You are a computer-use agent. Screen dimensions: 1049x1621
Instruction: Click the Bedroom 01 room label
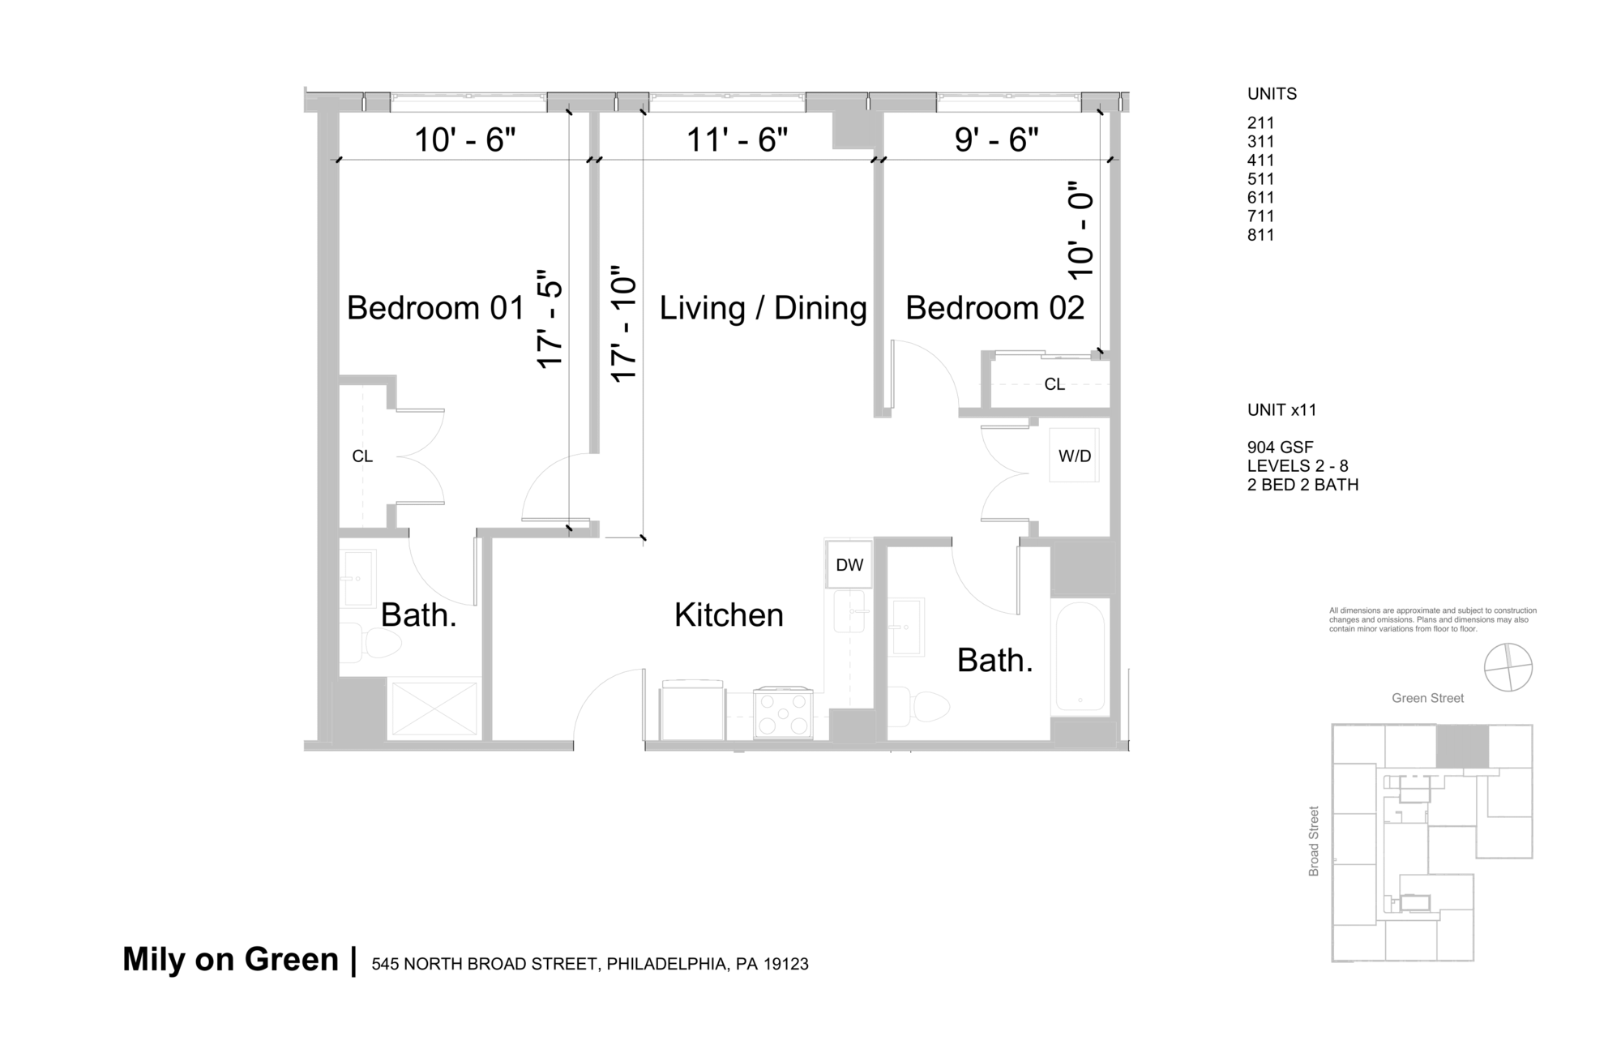435,308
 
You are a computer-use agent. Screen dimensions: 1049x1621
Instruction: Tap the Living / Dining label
763,308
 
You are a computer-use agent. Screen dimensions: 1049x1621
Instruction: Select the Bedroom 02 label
994,308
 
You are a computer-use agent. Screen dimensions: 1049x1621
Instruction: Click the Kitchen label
729,615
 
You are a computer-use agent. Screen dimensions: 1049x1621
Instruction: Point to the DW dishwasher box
849,565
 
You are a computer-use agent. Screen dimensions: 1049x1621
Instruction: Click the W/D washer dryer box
1075,456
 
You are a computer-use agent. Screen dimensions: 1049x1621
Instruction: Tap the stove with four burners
782,713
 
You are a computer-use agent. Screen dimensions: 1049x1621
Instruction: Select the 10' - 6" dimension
464,139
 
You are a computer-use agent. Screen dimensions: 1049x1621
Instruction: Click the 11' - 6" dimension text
737,139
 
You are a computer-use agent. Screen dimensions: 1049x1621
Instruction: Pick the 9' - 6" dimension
996,139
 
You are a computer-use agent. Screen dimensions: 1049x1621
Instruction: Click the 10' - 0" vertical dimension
1081,229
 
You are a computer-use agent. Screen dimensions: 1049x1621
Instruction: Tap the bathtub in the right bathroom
1080,657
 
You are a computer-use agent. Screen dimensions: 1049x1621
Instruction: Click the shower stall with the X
434,708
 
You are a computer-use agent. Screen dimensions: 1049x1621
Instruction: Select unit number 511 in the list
1260,179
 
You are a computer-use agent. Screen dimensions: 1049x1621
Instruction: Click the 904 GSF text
1280,447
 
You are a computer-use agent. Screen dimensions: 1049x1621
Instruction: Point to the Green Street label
1427,698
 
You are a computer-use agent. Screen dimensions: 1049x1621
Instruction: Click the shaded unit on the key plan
1462,747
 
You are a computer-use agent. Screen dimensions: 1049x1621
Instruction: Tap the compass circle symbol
1508,667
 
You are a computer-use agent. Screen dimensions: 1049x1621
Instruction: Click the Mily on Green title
230,960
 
